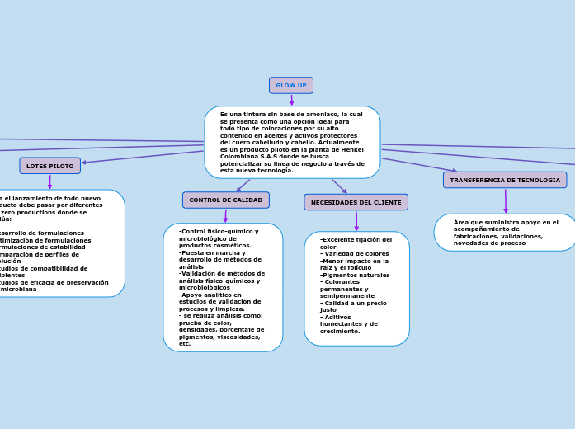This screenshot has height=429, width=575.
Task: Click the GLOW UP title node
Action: (x=290, y=86)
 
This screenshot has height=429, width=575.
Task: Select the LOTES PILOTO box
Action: (x=49, y=166)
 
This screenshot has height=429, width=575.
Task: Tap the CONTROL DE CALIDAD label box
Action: (x=225, y=200)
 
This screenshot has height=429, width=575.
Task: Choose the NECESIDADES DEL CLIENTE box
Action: (x=356, y=202)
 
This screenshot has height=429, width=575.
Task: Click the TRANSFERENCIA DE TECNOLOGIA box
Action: (x=504, y=180)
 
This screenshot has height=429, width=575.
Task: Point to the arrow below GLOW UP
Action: (x=291, y=100)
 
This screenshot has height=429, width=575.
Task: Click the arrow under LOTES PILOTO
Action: (x=49, y=181)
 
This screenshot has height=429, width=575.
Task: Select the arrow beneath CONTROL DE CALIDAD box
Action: (x=225, y=216)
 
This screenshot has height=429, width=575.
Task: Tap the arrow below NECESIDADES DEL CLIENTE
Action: (x=356, y=221)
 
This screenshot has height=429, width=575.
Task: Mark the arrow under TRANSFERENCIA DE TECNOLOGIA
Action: (x=505, y=201)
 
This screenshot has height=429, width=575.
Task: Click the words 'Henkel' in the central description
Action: (x=351, y=149)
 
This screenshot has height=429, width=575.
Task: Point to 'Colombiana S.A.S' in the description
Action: (x=246, y=156)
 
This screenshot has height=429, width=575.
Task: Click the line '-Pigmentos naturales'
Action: (x=355, y=275)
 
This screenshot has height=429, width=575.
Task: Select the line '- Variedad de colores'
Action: (x=355, y=253)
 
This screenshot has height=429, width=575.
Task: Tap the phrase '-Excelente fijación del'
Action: (x=356, y=239)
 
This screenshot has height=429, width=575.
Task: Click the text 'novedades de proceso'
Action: (x=489, y=243)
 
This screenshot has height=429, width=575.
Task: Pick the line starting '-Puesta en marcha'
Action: (x=213, y=252)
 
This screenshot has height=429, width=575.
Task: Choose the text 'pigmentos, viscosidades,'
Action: (x=219, y=337)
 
